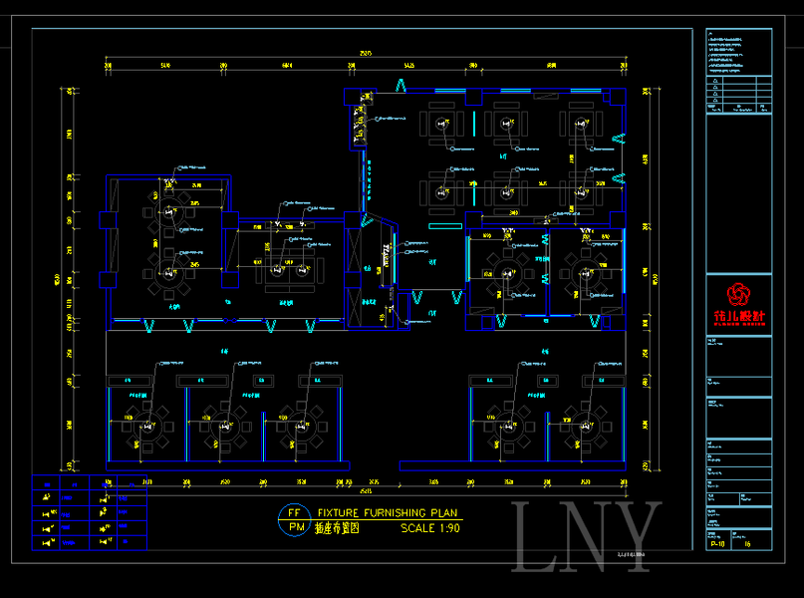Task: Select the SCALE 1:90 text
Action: (430, 528)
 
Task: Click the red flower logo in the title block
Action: (738, 294)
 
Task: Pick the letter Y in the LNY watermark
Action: (636, 538)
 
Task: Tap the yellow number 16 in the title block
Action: (748, 545)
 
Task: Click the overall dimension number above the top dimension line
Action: (366, 52)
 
